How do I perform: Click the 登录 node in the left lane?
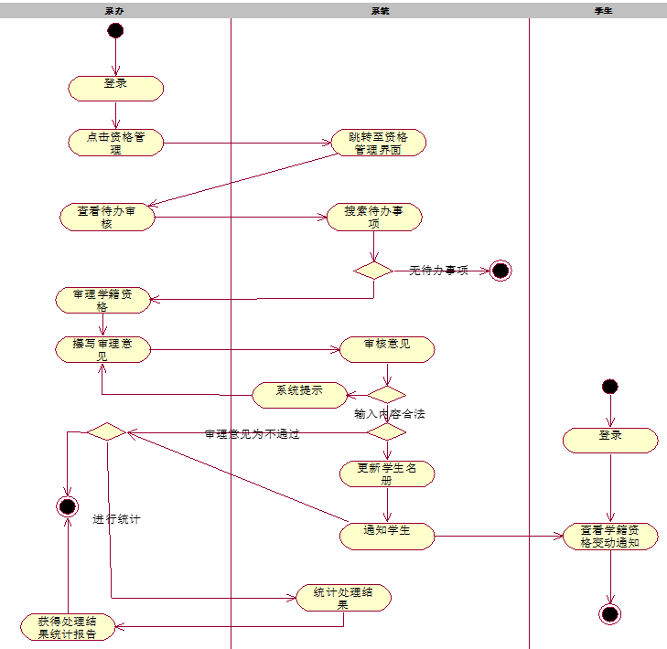[x=115, y=88]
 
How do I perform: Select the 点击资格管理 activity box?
[x=115, y=143]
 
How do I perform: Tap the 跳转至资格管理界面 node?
[x=378, y=143]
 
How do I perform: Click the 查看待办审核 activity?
[x=108, y=217]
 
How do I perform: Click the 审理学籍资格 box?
[x=102, y=300]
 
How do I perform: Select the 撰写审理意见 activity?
[x=102, y=349]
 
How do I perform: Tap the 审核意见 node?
[x=387, y=349]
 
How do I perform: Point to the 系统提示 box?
[x=300, y=395]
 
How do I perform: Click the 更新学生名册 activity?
[x=387, y=473]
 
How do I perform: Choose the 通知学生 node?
[x=387, y=536]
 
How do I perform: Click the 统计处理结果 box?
[x=343, y=598]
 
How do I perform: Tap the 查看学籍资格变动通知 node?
[x=610, y=536]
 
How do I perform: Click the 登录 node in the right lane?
[x=610, y=440]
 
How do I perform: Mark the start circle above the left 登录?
[x=115, y=30]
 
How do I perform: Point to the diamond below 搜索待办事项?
[x=373, y=271]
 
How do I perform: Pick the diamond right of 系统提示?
[x=386, y=395]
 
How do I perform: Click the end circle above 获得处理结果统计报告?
[x=67, y=505]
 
